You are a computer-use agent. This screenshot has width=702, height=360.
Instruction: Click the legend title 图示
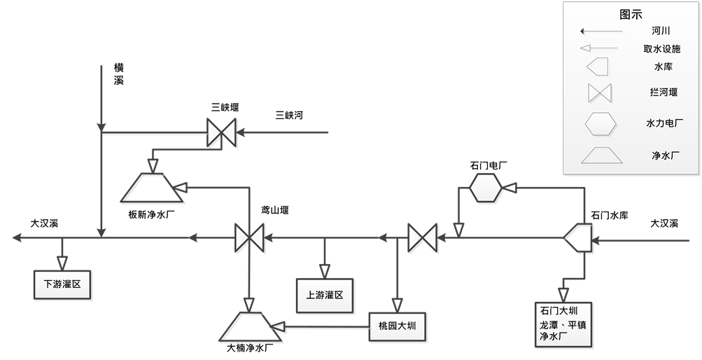click(631, 14)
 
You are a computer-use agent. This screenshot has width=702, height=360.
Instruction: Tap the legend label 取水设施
click(661, 48)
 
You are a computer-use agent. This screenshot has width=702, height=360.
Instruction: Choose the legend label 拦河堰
click(662, 92)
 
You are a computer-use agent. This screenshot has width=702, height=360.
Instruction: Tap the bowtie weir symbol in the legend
click(601, 92)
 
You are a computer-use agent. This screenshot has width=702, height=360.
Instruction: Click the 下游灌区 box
click(62, 284)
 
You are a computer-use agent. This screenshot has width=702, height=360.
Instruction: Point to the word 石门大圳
click(558, 310)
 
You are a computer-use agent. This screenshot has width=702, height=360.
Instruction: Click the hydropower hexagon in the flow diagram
click(486, 188)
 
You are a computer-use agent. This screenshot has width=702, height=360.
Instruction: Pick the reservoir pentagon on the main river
click(580, 238)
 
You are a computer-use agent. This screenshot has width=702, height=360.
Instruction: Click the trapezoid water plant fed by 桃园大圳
click(248, 327)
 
